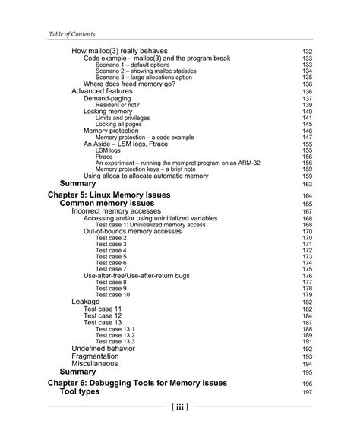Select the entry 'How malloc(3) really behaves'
(123, 51)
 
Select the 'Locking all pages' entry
(120, 124)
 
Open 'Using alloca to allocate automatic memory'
(145, 176)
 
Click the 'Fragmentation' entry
(95, 356)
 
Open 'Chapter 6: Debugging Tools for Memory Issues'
(137, 384)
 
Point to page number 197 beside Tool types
(308, 392)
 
